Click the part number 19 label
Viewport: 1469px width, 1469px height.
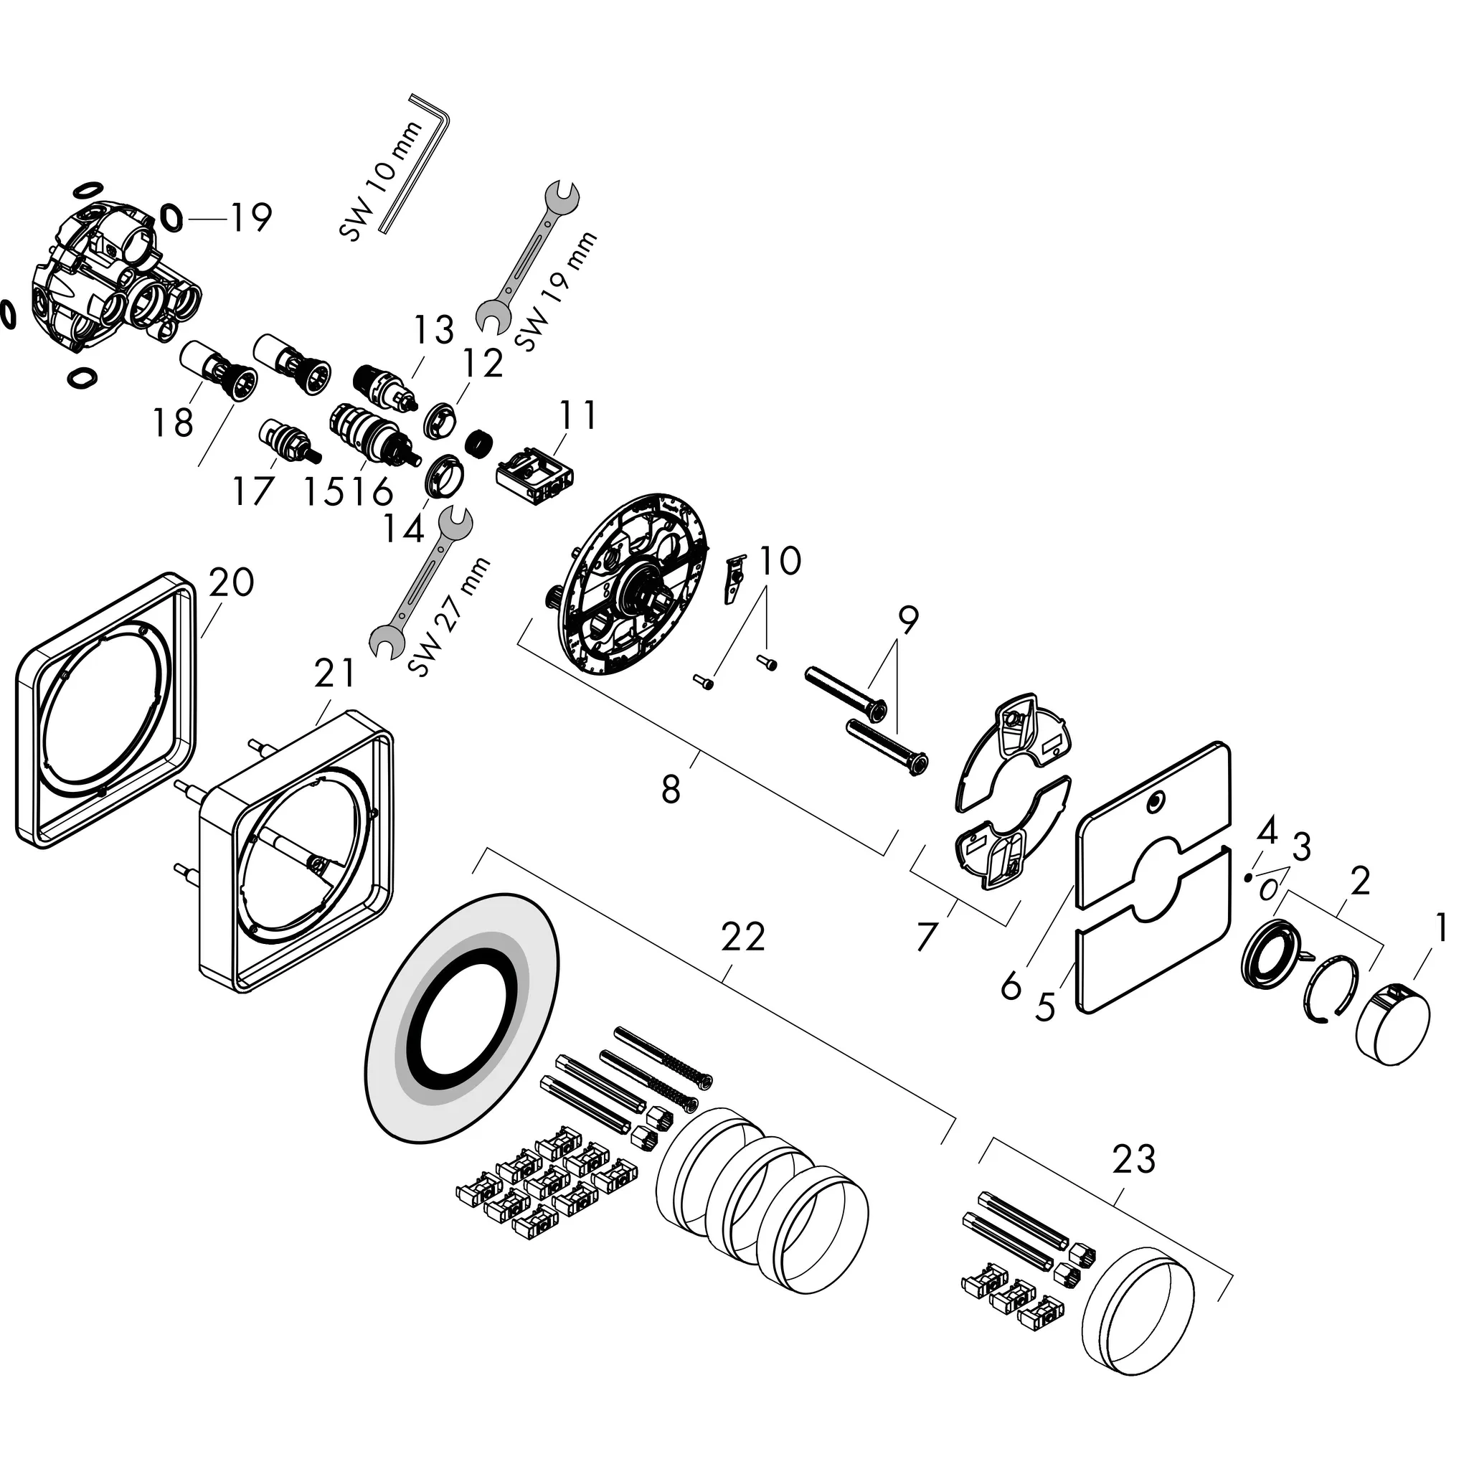[251, 218]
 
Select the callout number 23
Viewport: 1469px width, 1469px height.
[1133, 1160]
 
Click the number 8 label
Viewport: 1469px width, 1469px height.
[671, 790]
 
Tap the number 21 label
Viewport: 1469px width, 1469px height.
[334, 673]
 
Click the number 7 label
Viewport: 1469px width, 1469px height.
[925, 937]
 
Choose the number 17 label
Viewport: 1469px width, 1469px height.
[252, 491]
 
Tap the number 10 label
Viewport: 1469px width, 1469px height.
[780, 560]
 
